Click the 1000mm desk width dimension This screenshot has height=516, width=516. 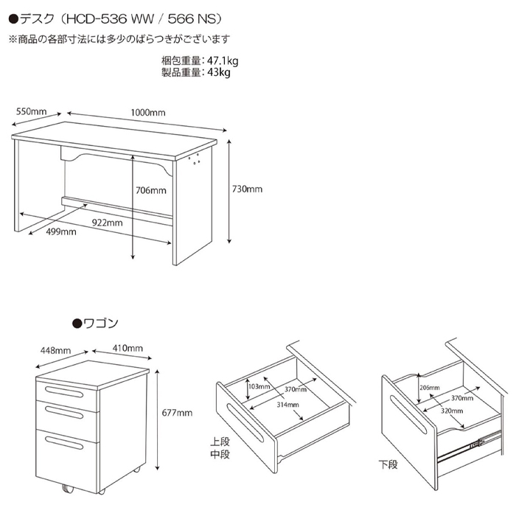pos(148,113)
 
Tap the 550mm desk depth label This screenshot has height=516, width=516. pos(31,111)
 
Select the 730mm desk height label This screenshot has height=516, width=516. pos(247,189)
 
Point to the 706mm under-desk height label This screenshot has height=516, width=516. pos(151,190)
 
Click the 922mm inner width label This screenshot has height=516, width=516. pos(108,223)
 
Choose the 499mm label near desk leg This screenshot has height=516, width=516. pos(61,231)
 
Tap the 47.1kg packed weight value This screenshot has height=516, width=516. pos(223,61)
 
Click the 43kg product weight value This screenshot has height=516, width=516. pos(219,72)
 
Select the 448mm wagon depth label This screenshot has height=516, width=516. pos(55,350)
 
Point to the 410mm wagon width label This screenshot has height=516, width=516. pos(128,348)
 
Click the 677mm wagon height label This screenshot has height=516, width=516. pos(177,413)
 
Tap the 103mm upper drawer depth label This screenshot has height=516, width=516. pos(259,386)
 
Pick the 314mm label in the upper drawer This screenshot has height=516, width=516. pos(287,405)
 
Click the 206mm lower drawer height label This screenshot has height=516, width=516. pos(430,388)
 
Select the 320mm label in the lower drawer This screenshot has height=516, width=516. pos(452,411)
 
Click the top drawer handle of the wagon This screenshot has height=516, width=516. pos(64,392)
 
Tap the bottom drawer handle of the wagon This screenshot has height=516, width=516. pos(64,442)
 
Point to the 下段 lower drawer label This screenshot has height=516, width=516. pos(388,464)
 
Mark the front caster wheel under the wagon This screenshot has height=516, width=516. pos(68,489)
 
